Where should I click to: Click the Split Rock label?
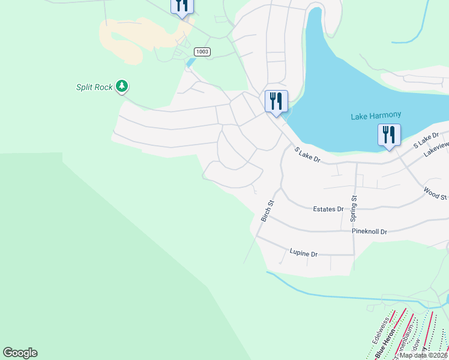[94, 87]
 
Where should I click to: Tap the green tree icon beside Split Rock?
[122, 86]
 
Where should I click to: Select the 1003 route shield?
[202, 52]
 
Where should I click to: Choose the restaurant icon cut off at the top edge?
[182, 6]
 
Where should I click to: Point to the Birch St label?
[268, 211]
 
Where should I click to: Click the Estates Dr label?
[328, 209]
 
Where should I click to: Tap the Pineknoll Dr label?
[370, 231]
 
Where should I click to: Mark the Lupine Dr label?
[303, 253]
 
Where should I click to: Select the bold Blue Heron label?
[384, 346]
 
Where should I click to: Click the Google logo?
[20, 353]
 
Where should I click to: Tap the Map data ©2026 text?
[423, 355]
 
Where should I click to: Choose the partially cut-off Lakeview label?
[436, 149]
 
